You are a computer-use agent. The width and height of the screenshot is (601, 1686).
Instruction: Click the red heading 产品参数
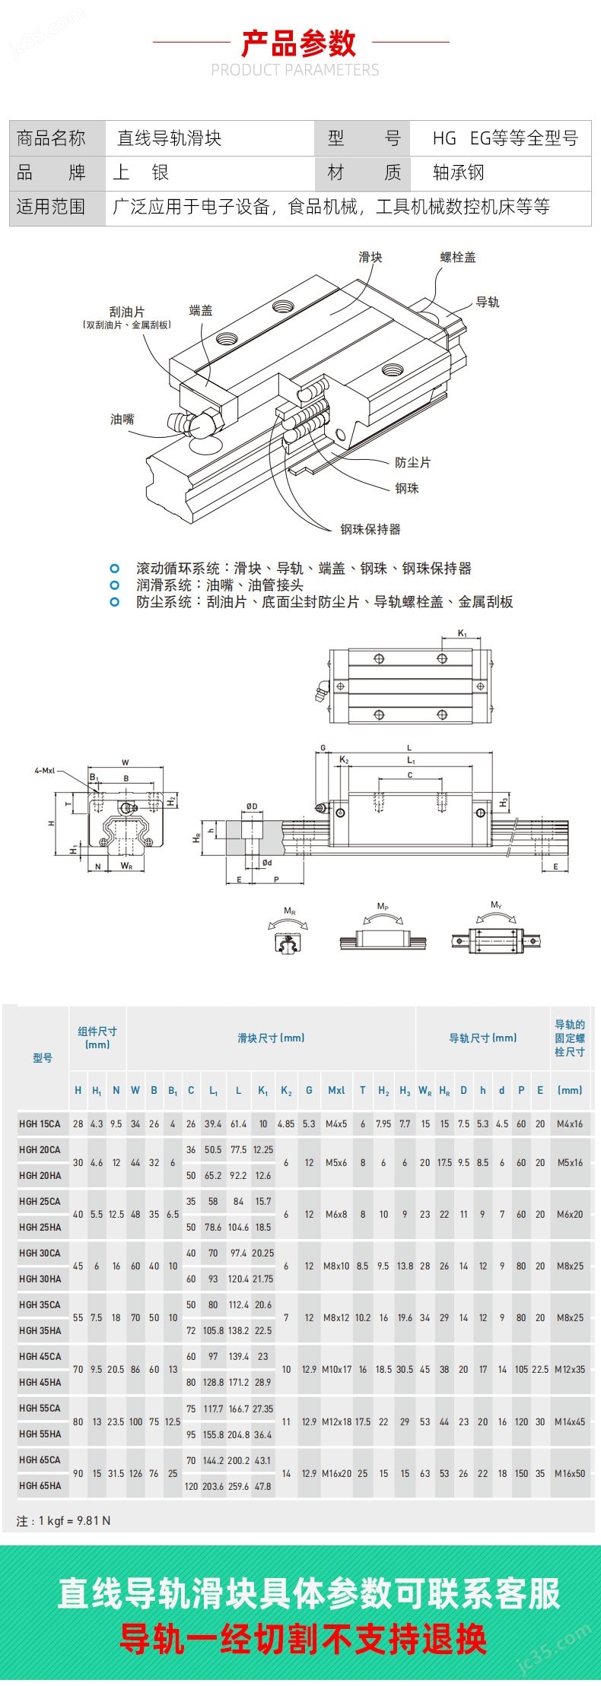tap(299, 43)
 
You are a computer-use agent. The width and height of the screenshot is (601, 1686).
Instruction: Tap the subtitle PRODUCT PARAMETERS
tap(295, 70)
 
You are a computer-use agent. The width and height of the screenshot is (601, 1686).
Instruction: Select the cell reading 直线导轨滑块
tap(169, 138)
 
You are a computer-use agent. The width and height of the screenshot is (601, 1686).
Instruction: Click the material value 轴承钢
tap(458, 173)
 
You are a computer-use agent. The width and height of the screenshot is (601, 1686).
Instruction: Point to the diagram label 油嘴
tap(122, 419)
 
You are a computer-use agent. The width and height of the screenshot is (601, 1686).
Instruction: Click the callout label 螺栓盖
tap(458, 257)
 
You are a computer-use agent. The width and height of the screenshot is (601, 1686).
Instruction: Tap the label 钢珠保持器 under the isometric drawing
tap(370, 529)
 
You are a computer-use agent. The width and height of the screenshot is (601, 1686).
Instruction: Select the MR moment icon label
tap(290, 911)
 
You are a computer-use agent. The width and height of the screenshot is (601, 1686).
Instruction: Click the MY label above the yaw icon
tap(496, 905)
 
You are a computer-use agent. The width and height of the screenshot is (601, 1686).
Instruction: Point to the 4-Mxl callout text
tap(45, 770)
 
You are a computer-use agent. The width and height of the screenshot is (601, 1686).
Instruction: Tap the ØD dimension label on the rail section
tap(252, 807)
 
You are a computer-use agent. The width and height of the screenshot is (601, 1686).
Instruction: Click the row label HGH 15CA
tap(40, 1123)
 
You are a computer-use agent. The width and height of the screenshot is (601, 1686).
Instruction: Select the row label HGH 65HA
tap(40, 1485)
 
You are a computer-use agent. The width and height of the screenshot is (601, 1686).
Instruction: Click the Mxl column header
tap(336, 1090)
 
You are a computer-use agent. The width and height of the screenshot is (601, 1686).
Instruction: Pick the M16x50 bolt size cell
tap(570, 1472)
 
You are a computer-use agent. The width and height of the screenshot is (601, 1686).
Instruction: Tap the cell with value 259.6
tap(238, 1486)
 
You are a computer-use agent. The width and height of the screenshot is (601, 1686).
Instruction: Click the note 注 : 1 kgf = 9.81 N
tap(63, 1520)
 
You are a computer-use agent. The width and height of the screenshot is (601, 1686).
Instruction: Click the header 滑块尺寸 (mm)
tap(271, 1038)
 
